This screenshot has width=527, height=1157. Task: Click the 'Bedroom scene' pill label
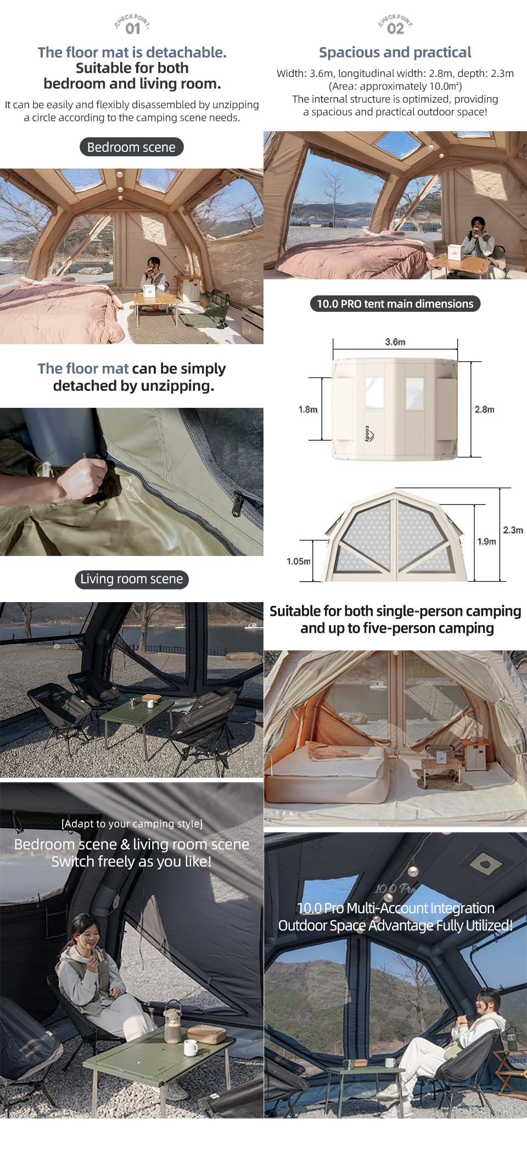click(x=132, y=147)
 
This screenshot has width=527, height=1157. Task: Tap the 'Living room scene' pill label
click(x=132, y=579)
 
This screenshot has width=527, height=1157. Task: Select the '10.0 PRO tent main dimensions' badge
click(x=395, y=304)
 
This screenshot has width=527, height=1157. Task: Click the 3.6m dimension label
click(x=395, y=342)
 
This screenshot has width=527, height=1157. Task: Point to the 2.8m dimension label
click(x=485, y=409)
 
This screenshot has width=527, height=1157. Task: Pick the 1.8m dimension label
click(x=308, y=409)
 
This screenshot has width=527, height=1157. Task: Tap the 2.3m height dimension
click(x=513, y=530)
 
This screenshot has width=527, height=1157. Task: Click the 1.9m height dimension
click(x=486, y=542)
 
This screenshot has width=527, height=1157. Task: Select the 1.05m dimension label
click(x=298, y=561)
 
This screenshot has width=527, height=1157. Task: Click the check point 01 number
click(x=133, y=29)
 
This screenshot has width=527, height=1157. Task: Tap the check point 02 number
click(x=395, y=29)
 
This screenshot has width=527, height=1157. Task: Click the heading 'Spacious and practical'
click(x=395, y=53)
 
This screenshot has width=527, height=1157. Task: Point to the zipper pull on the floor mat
click(x=237, y=504)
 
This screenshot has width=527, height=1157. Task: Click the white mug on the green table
click(x=190, y=1048)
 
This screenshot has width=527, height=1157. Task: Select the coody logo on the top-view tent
click(x=369, y=434)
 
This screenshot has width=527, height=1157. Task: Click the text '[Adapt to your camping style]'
click(x=132, y=824)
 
